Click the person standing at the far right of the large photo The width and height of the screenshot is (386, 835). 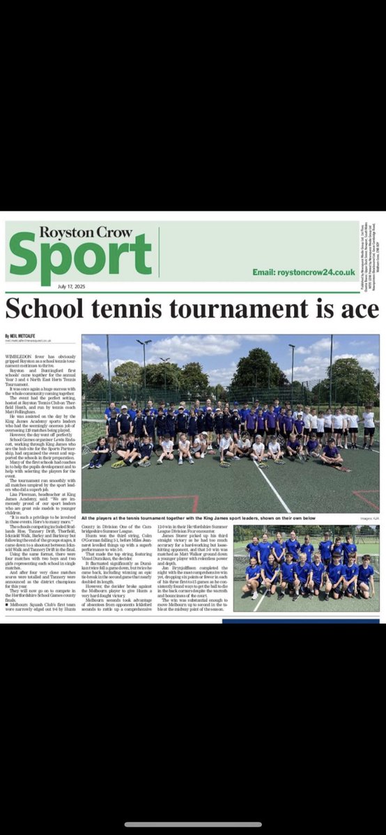click(368, 428)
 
